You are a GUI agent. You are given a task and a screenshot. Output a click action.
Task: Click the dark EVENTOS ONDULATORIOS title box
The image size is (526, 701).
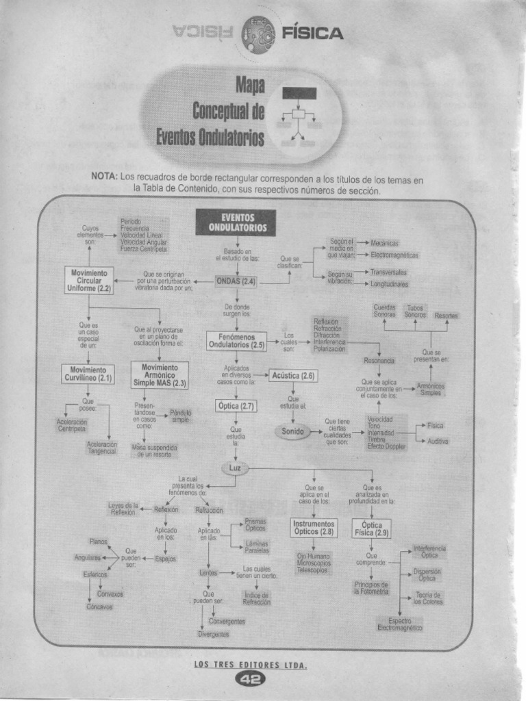click(236, 222)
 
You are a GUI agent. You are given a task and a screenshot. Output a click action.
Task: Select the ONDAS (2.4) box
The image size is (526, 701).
click(236, 281)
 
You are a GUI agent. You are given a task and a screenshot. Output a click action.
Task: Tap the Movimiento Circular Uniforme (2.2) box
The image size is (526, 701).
click(89, 280)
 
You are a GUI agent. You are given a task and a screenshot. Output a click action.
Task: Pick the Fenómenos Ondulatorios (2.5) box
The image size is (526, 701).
click(236, 341)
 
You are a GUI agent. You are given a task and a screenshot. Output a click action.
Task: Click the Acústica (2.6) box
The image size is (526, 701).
click(293, 375)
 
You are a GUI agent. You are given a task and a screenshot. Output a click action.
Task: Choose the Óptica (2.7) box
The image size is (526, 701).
click(236, 406)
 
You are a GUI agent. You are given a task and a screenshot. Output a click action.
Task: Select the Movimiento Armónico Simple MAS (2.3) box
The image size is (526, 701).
click(160, 375)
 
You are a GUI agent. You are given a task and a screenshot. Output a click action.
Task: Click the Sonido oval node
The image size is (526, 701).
click(292, 431)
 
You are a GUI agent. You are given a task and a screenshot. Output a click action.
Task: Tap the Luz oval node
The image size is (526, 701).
click(236, 468)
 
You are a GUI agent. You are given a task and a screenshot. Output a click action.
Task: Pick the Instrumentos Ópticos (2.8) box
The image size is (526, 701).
click(314, 528)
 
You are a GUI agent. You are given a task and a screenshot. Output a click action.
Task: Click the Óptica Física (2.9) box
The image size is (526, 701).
click(372, 528)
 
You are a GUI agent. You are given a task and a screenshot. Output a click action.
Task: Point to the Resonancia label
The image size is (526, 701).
click(379, 360)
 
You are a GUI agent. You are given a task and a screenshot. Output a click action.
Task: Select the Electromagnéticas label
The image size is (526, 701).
click(394, 255)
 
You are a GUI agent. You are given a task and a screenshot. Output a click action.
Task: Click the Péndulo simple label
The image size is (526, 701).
click(181, 416)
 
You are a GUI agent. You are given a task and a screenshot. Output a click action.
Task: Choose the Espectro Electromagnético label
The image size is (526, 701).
click(400, 624)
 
